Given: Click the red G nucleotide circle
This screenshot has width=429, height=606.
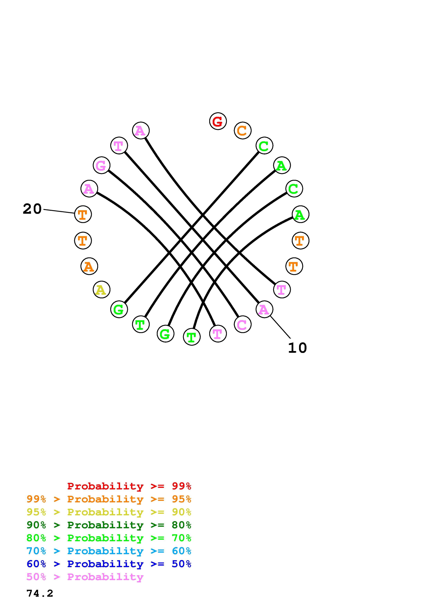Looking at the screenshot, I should pos(218,121).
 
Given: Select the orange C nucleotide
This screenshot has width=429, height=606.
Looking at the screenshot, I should pos(242,130).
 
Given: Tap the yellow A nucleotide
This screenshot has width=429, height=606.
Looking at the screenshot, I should pos(102,290).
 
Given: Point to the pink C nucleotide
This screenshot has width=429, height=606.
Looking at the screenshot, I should pos(242,324).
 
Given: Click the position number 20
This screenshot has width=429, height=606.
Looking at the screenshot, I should pos(32,209).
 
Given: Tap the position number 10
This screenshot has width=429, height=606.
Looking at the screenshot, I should pos(297,348).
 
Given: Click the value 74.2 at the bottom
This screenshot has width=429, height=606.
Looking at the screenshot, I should pos(40,594).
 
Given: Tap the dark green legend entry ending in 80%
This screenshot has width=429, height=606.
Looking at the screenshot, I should pos(109,525).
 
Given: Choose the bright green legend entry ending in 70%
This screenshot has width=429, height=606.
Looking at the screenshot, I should pos(109,538).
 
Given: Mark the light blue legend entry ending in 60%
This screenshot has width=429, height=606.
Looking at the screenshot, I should pos(109,551).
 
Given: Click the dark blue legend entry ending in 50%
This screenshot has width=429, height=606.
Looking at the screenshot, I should pos(109,564).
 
